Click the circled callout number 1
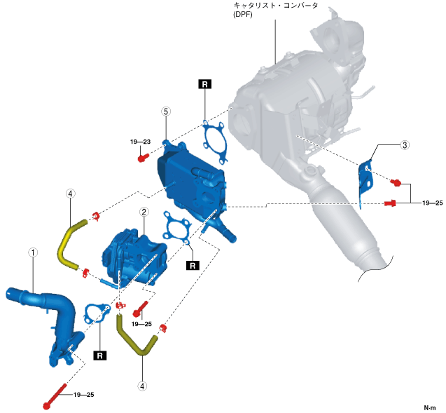[x=32, y=251]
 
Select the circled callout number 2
[x=143, y=211]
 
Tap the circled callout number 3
[x=405, y=146]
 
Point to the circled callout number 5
[x=166, y=111]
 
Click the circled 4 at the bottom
[x=143, y=385]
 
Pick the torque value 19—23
[x=141, y=142]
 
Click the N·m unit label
[x=430, y=407]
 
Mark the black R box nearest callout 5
[x=204, y=84]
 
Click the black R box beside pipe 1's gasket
[x=100, y=355]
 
